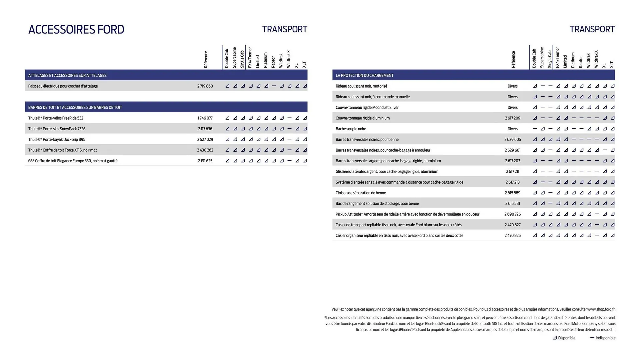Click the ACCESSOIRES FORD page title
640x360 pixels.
pos(76,29)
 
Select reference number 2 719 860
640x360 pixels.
pos(205,86)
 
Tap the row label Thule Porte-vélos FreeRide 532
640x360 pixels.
pos(56,118)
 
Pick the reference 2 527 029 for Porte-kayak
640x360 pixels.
pos(205,139)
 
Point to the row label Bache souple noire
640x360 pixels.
pos(351,129)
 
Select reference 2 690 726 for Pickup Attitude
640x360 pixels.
pos(512,214)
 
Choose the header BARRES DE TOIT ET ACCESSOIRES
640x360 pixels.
pos(75,107)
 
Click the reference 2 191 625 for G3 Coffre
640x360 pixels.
pos(205,161)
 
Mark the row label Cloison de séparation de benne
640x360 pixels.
pos(361,193)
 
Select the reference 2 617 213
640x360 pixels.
pos(512,182)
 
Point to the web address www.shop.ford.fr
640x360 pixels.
pos(601,309)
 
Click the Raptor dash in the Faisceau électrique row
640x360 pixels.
pos(274,86)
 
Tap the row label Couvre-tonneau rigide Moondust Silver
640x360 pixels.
pos(367,107)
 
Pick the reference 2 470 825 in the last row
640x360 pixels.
pos(512,235)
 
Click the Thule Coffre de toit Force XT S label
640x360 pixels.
pos(62,150)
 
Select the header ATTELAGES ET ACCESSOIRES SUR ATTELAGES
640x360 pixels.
pos(67,75)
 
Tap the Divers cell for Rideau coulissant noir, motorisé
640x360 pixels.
pos(512,86)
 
